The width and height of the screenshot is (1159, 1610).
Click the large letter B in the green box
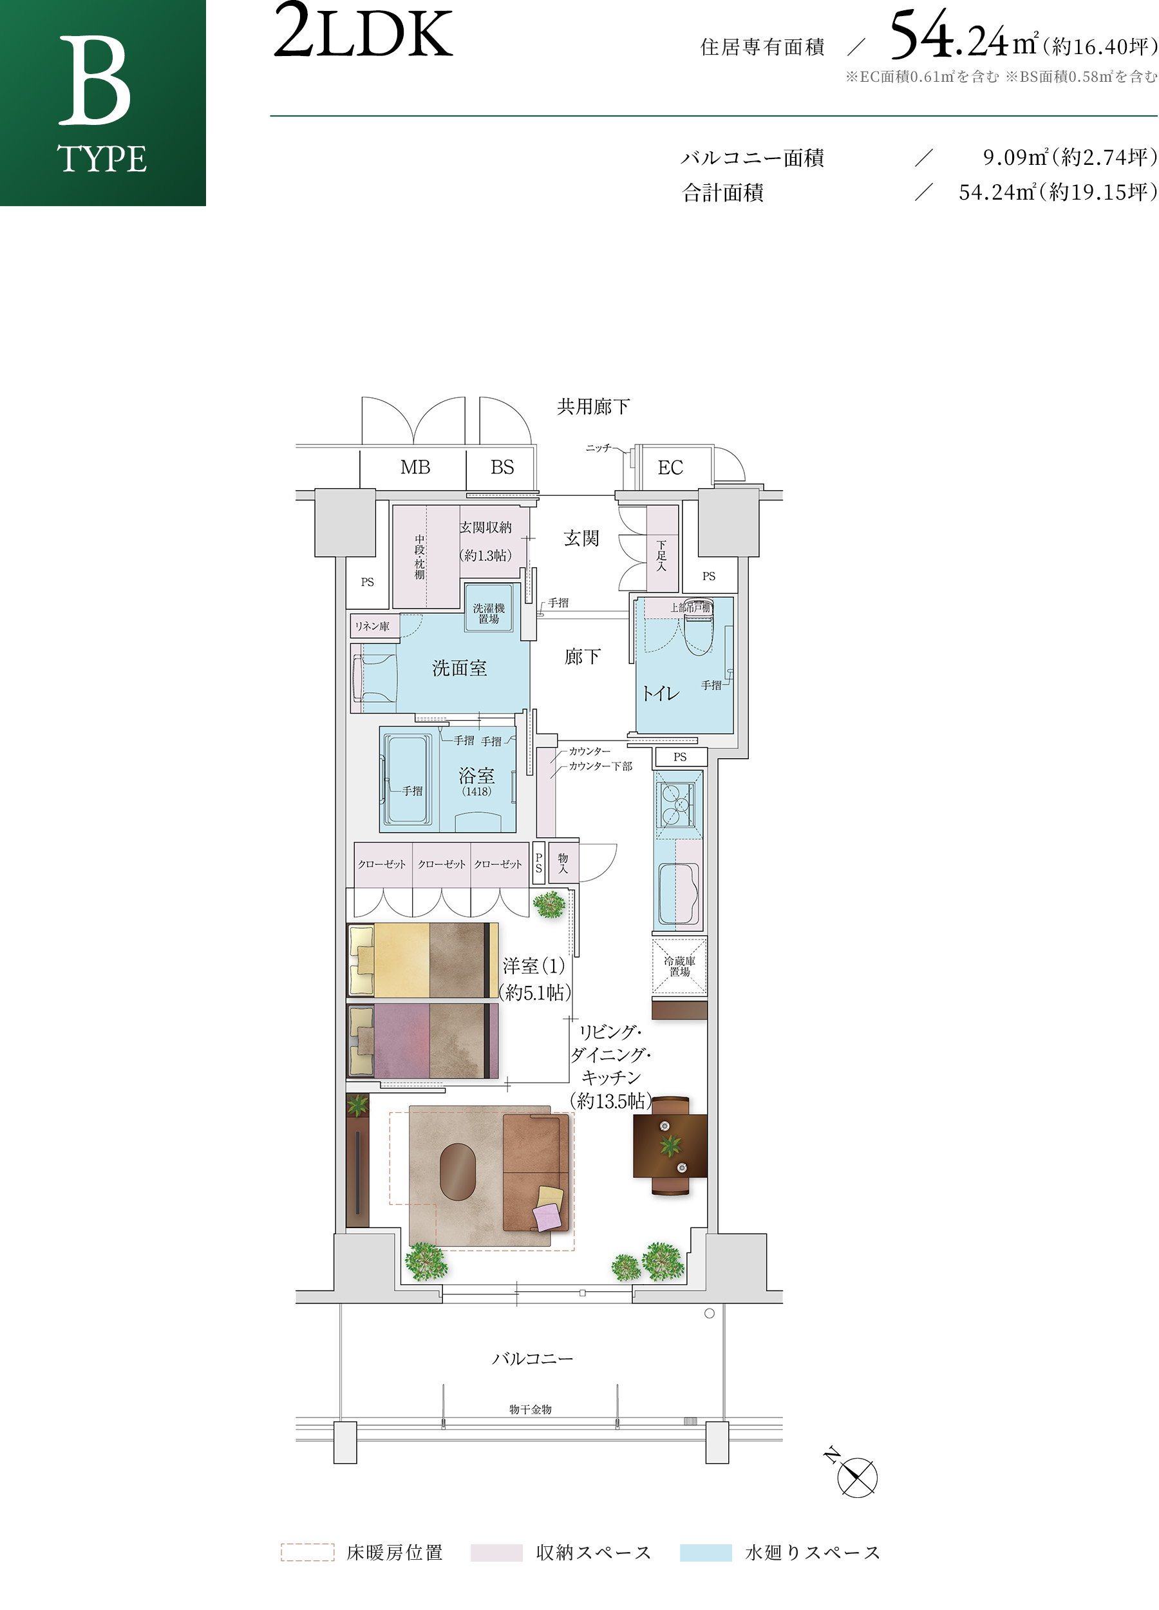[95, 81]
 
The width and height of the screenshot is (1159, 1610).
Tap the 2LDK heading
[363, 32]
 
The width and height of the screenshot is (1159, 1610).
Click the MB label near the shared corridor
[415, 467]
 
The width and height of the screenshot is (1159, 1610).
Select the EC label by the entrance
[670, 468]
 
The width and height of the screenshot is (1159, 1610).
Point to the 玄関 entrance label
[581, 538]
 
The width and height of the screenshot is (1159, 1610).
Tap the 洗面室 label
[459, 668]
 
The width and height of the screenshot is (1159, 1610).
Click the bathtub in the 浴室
[408, 779]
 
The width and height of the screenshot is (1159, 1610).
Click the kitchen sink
[679, 893]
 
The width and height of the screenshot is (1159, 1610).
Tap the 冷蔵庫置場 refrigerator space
[679, 966]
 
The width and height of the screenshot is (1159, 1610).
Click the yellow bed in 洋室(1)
[422, 960]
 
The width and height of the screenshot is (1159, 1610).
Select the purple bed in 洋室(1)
[422, 1041]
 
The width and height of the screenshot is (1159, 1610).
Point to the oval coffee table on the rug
[458, 1171]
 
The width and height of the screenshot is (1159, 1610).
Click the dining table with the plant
[670, 1145]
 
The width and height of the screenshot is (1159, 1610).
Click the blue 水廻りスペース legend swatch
[706, 1553]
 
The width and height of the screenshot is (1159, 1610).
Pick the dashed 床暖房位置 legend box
[307, 1553]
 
